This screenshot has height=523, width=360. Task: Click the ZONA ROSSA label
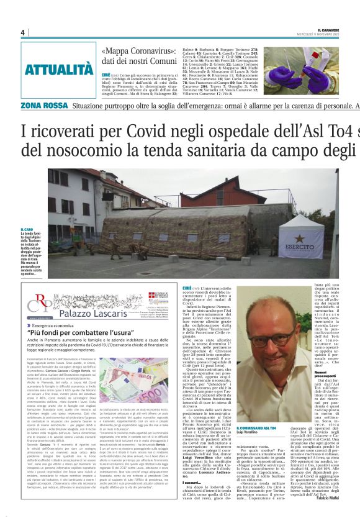coord(43,106)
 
